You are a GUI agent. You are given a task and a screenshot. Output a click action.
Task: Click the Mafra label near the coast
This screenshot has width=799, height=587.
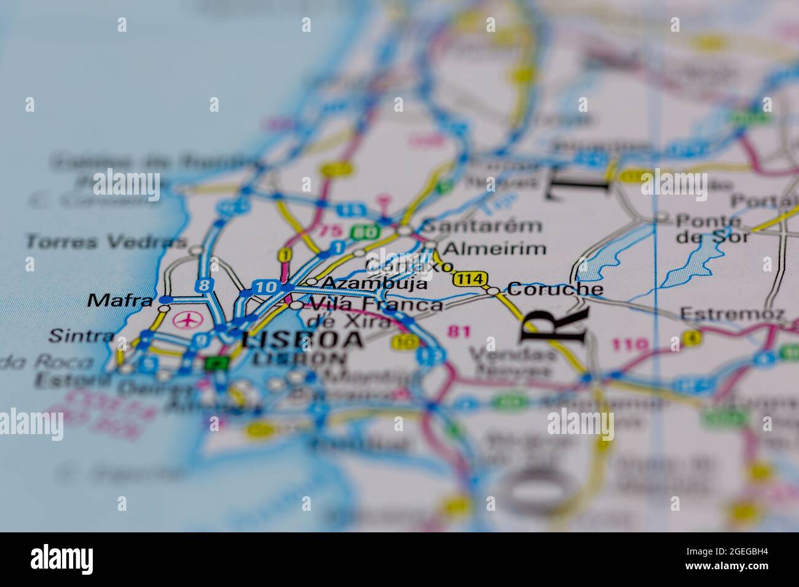click(120, 301)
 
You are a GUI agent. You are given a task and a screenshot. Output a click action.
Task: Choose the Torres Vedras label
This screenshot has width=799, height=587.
click(106, 242)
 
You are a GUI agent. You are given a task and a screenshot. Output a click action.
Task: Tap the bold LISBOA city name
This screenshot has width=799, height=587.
click(301, 340)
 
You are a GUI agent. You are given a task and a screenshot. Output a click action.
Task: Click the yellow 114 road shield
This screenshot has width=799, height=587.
click(471, 279)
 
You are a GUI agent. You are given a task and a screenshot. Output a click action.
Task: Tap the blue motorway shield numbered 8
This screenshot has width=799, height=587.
click(204, 285)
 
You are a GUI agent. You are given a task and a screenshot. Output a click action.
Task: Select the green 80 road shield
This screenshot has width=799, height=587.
click(359, 232)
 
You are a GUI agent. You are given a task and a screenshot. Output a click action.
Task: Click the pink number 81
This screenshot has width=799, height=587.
click(459, 332)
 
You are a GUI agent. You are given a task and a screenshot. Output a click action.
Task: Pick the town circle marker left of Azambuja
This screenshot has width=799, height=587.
click(312, 282)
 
